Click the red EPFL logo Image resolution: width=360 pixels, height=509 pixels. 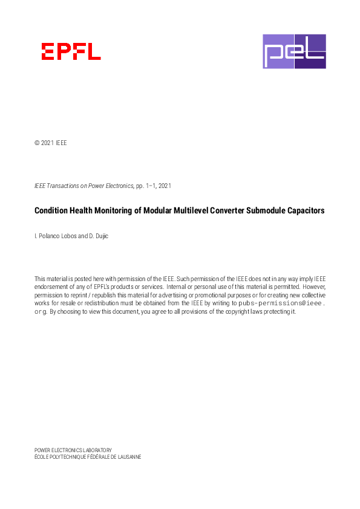coord(71,51)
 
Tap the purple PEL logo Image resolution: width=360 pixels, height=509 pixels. coord(294,51)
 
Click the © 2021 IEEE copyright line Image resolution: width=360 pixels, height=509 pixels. coord(51,143)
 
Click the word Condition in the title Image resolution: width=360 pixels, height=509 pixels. coord(51,211)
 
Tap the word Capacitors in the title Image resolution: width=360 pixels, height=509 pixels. coord(304,211)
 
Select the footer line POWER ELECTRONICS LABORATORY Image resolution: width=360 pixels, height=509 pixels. coord(73,450)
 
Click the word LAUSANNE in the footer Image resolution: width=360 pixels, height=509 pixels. coord(128,457)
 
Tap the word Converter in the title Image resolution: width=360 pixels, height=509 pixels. coord(225,211)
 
